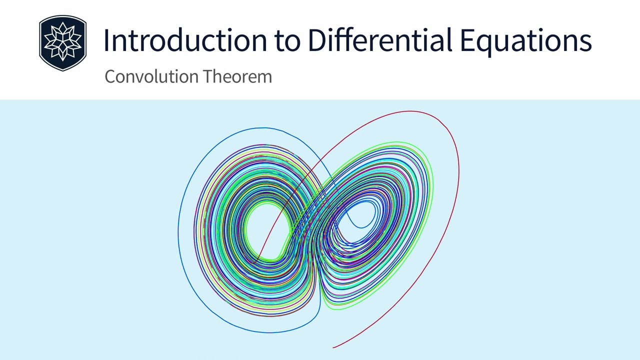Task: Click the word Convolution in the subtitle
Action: (x=145, y=76)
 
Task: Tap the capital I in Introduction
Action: (x=106, y=40)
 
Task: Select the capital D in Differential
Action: (x=317, y=40)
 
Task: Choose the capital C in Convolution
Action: (x=110, y=76)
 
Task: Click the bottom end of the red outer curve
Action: (x=333, y=347)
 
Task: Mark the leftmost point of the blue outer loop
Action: (x=178, y=232)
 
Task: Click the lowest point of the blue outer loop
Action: (x=270, y=332)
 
